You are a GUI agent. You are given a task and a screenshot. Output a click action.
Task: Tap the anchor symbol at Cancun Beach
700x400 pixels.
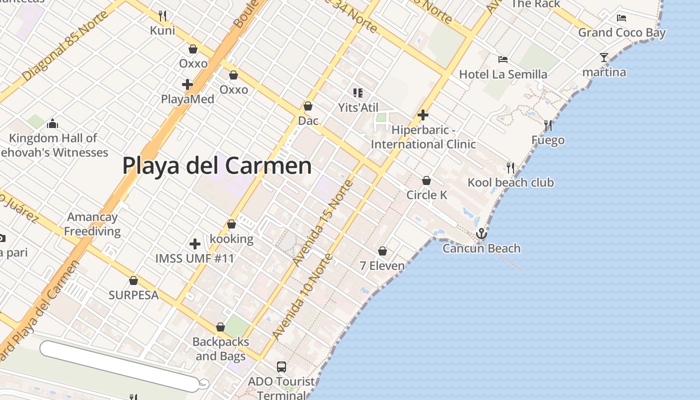tap(481, 233)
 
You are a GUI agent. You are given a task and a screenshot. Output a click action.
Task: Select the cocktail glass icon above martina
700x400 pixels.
tap(604, 57)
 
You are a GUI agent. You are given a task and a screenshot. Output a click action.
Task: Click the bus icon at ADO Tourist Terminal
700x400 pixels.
tap(281, 367)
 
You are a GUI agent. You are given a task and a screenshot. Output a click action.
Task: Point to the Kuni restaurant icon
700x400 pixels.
tap(162, 16)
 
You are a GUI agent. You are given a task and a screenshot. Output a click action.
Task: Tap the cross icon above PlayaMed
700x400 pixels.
tap(187, 84)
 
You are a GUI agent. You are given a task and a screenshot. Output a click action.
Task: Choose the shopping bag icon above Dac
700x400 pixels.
tap(308, 106)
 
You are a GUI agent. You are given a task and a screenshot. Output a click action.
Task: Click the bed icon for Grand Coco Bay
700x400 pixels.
tap(621, 18)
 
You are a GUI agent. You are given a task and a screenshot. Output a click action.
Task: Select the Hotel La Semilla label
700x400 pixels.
tap(503, 74)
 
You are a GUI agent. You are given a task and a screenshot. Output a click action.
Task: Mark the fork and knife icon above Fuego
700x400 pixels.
tap(548, 125)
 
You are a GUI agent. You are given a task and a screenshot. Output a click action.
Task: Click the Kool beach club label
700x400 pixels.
tap(510, 182)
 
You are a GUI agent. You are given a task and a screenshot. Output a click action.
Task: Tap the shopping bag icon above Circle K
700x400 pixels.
tap(426, 180)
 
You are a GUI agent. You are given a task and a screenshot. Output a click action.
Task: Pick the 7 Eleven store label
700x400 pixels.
tap(382, 265)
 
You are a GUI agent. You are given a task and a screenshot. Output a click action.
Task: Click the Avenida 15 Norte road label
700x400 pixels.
tap(323, 222)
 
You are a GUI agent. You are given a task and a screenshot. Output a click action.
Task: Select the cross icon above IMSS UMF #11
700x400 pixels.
tap(195, 244)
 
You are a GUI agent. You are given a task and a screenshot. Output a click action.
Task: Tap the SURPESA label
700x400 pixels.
tap(133, 295)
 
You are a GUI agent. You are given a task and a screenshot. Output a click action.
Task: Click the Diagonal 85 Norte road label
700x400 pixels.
tap(65, 45)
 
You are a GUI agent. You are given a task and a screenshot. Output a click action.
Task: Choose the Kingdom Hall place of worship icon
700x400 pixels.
tap(52, 123)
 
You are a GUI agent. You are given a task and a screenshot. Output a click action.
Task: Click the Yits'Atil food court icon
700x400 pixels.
tap(357, 92)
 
